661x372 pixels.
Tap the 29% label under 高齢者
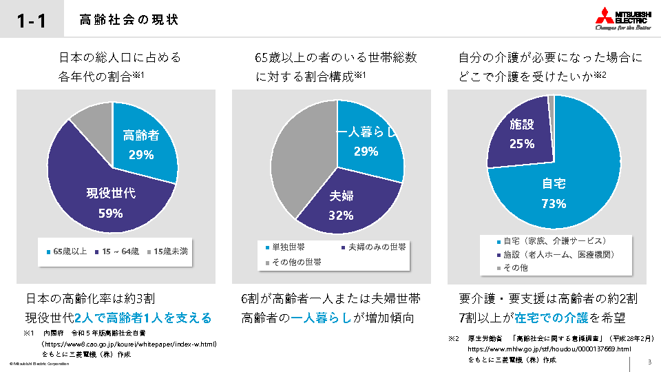point(141,155)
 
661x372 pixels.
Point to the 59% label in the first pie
point(111,213)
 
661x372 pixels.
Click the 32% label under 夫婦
point(341,216)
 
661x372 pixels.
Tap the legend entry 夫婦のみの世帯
point(376,247)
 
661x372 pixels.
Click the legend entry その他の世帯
point(296,262)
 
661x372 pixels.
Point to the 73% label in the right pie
point(554,204)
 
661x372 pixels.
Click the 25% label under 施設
point(522,144)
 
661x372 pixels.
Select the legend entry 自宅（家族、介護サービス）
point(554,241)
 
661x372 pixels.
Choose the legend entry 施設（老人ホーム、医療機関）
point(558,254)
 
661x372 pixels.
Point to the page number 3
point(649,362)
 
